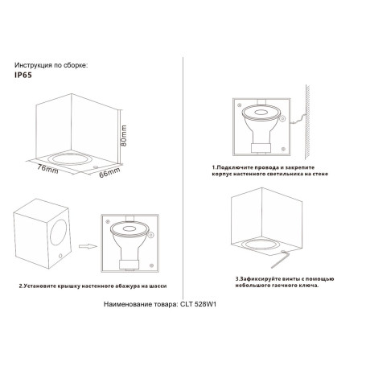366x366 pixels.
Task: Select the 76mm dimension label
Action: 47,170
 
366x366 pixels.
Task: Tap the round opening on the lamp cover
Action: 57,236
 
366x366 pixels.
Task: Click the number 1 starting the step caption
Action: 216,167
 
